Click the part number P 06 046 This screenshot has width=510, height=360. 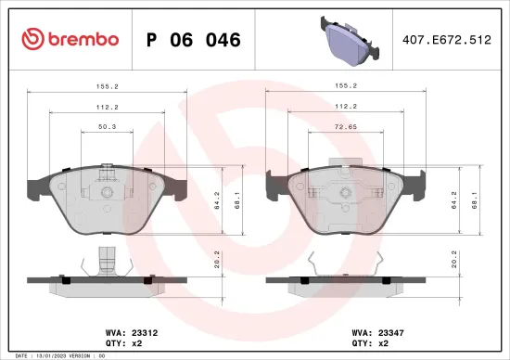(x=194, y=40)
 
